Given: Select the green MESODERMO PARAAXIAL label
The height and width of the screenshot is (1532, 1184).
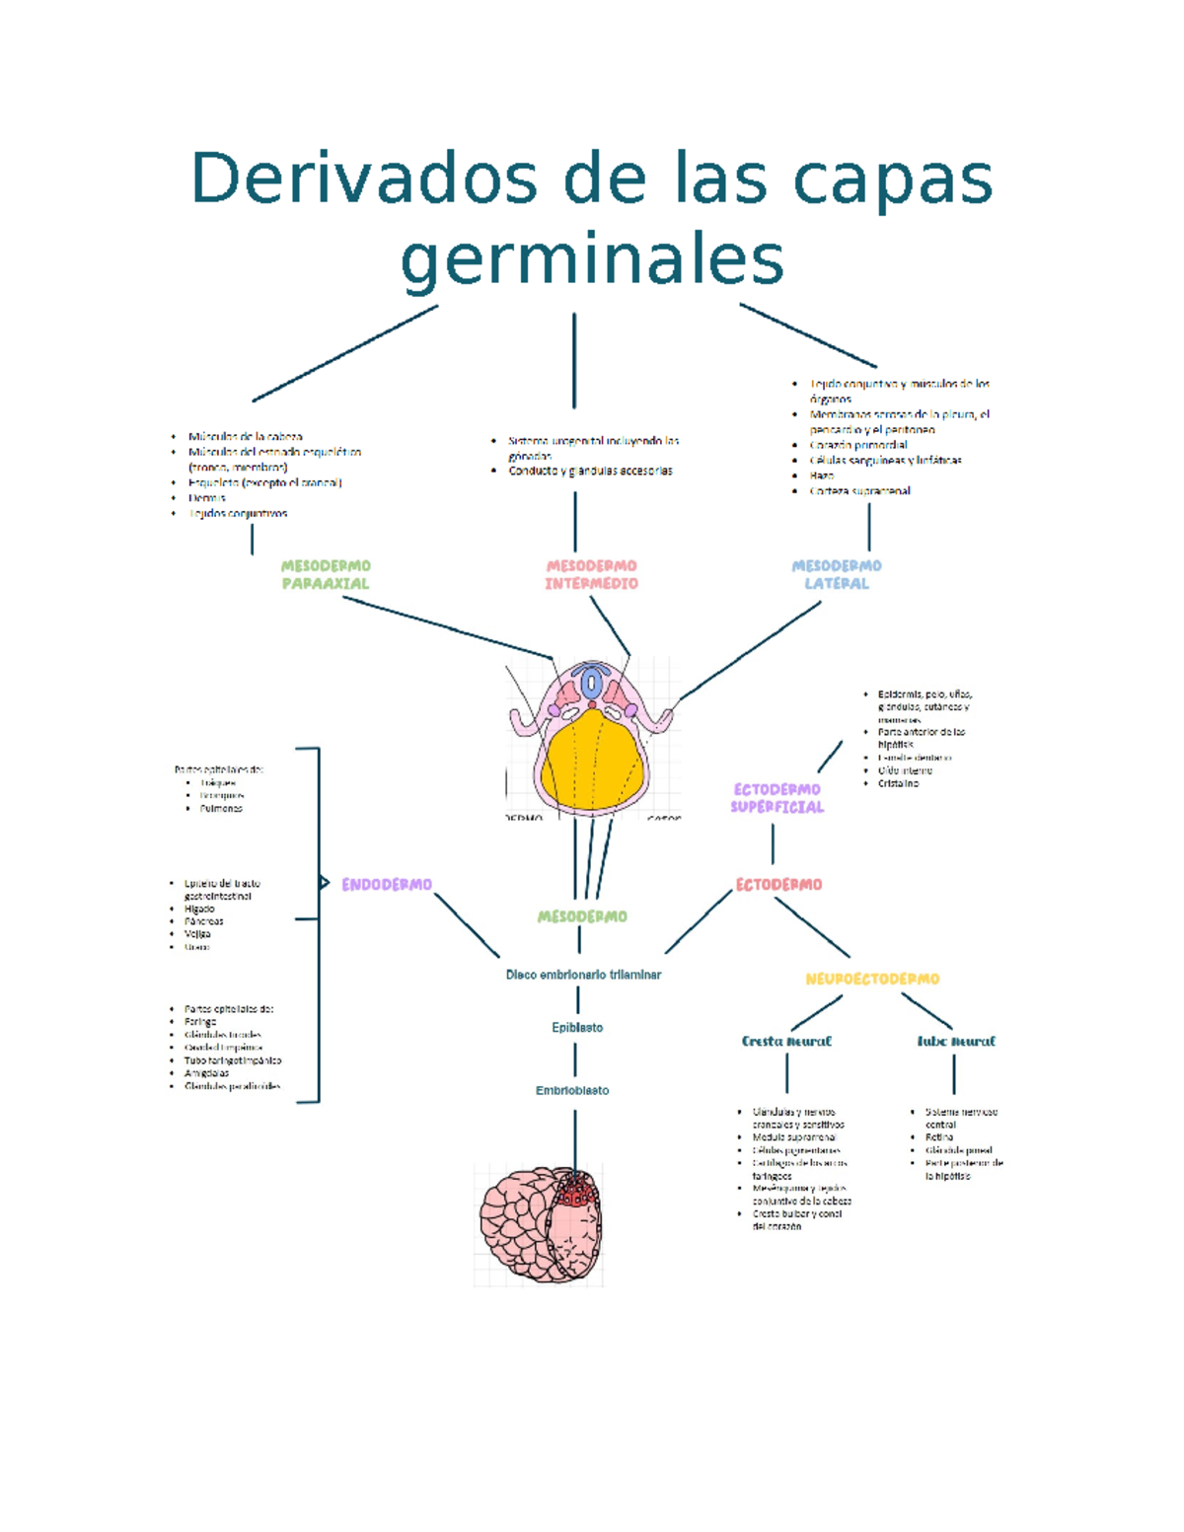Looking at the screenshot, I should (326, 574).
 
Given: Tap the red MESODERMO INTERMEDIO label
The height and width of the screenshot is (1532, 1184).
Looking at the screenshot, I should (591, 574).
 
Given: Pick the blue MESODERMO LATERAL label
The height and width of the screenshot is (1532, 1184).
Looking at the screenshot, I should (836, 574).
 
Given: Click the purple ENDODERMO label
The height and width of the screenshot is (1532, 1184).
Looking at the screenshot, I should (387, 885).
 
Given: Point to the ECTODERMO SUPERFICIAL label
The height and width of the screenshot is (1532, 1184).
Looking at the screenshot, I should (777, 798).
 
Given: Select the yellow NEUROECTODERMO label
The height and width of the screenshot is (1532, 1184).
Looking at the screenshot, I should (872, 979).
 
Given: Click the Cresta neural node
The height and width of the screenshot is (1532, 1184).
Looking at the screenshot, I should (786, 1041).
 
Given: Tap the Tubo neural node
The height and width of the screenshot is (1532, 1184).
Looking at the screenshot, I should (955, 1041).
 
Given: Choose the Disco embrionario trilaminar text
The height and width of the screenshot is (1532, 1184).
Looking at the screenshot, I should (583, 975).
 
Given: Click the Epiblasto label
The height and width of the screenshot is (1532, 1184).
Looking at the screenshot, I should (577, 1027).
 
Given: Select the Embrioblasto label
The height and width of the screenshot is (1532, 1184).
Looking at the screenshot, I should (572, 1090).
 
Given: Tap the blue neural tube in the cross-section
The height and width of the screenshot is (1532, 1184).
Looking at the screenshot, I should (591, 683).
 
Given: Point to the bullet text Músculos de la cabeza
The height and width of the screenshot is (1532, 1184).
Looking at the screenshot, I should (245, 436).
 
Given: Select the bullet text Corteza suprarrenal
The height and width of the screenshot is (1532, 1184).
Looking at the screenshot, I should (859, 490).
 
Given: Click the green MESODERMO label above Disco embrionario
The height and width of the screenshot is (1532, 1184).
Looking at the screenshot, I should (582, 916).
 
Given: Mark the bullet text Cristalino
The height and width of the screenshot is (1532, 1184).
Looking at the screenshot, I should (898, 783).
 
